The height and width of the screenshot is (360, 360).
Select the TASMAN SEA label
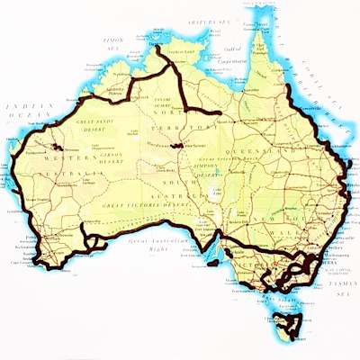(343, 288)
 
